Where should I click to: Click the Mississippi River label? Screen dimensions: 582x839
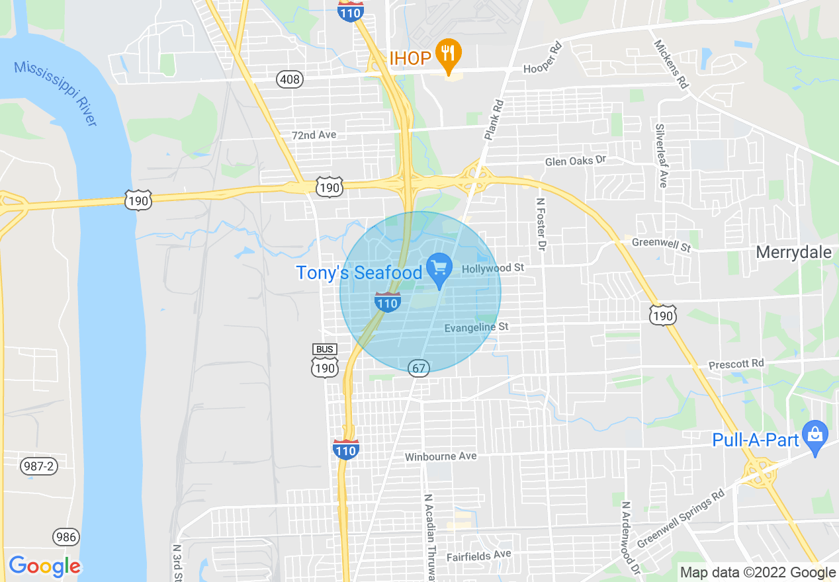click(x=56, y=93)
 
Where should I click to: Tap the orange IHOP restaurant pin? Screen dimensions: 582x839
click(x=449, y=56)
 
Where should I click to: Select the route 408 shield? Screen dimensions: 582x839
click(x=290, y=80)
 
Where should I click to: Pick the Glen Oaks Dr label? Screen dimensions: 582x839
click(x=575, y=161)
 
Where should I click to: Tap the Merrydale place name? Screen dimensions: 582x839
click(x=793, y=253)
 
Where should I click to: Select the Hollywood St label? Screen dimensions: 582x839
click(x=492, y=268)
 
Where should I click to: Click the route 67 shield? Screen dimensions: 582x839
click(x=418, y=368)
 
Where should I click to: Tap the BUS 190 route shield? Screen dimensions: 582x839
click(x=325, y=361)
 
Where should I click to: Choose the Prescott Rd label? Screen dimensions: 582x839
click(x=736, y=364)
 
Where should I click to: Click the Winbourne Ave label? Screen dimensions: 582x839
click(x=441, y=456)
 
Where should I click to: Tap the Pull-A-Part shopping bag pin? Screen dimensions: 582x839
click(x=815, y=435)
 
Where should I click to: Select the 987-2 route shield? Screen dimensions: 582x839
click(x=38, y=466)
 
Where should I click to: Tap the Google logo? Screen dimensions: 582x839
click(x=44, y=567)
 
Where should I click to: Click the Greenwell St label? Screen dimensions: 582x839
click(x=661, y=245)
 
